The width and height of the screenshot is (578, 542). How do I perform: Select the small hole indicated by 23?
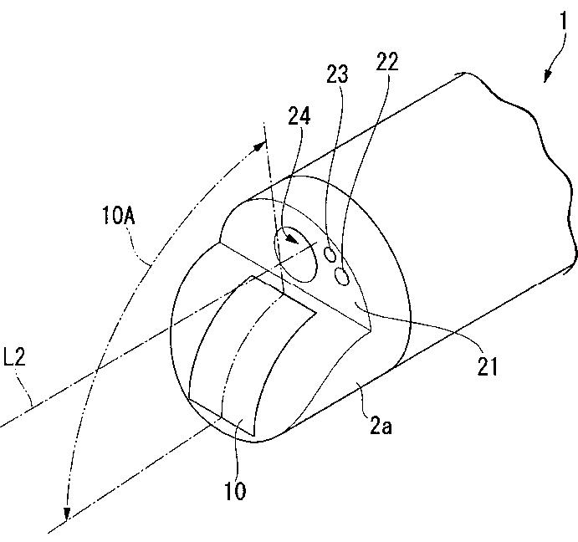tap(330, 253)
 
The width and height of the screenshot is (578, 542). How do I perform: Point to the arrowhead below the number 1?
tap(548, 78)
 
